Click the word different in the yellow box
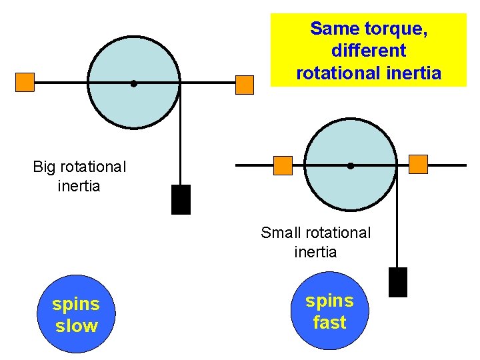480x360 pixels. click(x=368, y=51)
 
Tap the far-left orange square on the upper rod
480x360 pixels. click(x=25, y=82)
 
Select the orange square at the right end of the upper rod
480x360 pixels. click(x=245, y=85)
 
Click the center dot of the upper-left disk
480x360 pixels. click(x=133, y=84)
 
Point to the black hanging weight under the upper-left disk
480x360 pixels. click(x=181, y=199)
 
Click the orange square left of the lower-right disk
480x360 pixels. click(x=283, y=165)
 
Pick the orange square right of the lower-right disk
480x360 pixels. click(x=418, y=164)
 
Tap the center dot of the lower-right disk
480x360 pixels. click(x=350, y=165)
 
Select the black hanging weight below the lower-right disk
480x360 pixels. click(x=397, y=282)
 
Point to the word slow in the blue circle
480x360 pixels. click(x=76, y=326)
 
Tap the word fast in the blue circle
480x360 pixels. click(x=329, y=323)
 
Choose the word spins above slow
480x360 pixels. click(x=76, y=304)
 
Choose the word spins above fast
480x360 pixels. click(x=329, y=301)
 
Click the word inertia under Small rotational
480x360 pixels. click(x=315, y=253)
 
